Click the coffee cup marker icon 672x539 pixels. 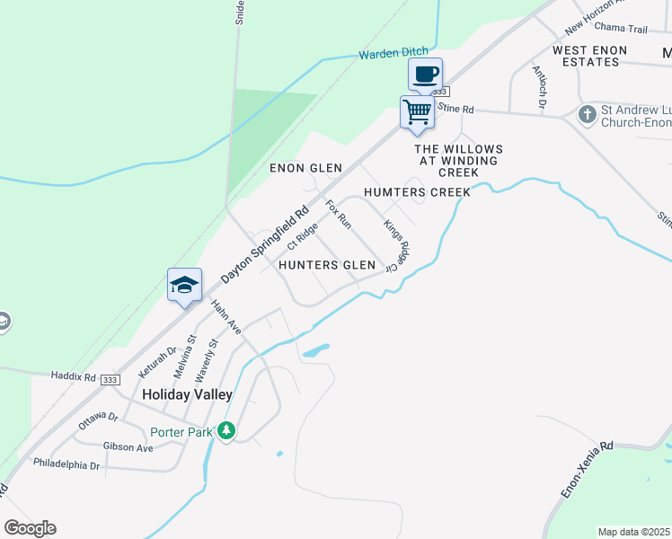tap(426, 73)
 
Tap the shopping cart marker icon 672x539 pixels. tap(417, 112)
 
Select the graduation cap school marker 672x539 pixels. tap(184, 286)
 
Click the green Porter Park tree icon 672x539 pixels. tap(226, 431)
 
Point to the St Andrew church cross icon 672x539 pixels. tap(587, 115)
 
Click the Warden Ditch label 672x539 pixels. tap(390, 54)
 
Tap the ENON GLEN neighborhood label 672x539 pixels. tap(306, 168)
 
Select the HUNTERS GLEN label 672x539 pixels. tap(326, 265)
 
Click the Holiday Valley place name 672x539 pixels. tap(187, 394)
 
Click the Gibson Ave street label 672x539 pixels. tap(128, 446)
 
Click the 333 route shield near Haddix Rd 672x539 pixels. tap(111, 380)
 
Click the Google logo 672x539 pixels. tap(30, 527)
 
